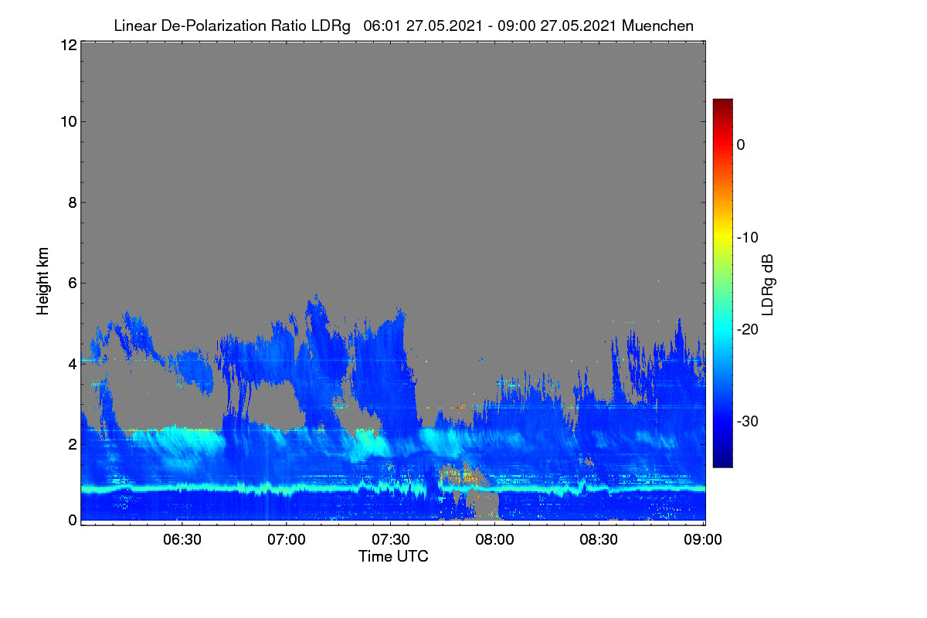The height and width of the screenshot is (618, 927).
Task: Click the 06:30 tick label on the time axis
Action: [x=182, y=539]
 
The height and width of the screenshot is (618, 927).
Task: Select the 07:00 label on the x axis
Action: [x=287, y=539]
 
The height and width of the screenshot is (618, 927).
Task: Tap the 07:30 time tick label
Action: [x=391, y=539]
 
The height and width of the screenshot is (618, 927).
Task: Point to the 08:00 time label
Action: [x=494, y=539]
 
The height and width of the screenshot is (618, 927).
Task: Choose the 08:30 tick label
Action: [x=599, y=539]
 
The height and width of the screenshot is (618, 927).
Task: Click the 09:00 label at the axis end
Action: [x=703, y=539]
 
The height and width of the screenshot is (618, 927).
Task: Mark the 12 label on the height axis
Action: [x=69, y=45]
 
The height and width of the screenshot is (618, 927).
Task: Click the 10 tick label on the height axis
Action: [x=69, y=122]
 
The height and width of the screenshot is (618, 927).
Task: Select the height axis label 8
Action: [x=73, y=202]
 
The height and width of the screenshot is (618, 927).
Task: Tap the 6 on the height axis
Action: [x=73, y=284]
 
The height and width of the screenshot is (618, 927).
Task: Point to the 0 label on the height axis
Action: [x=73, y=521]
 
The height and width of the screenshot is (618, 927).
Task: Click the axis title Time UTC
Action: [x=393, y=556]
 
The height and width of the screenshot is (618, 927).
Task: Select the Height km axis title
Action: [x=42, y=281]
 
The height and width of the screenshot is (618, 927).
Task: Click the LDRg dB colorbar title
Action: [x=767, y=285]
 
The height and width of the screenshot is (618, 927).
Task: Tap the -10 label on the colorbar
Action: [x=748, y=238]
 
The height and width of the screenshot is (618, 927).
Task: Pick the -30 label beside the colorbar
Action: [x=748, y=421]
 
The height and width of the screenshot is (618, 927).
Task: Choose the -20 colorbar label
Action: [x=748, y=330]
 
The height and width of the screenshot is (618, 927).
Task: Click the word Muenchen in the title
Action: [x=657, y=25]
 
